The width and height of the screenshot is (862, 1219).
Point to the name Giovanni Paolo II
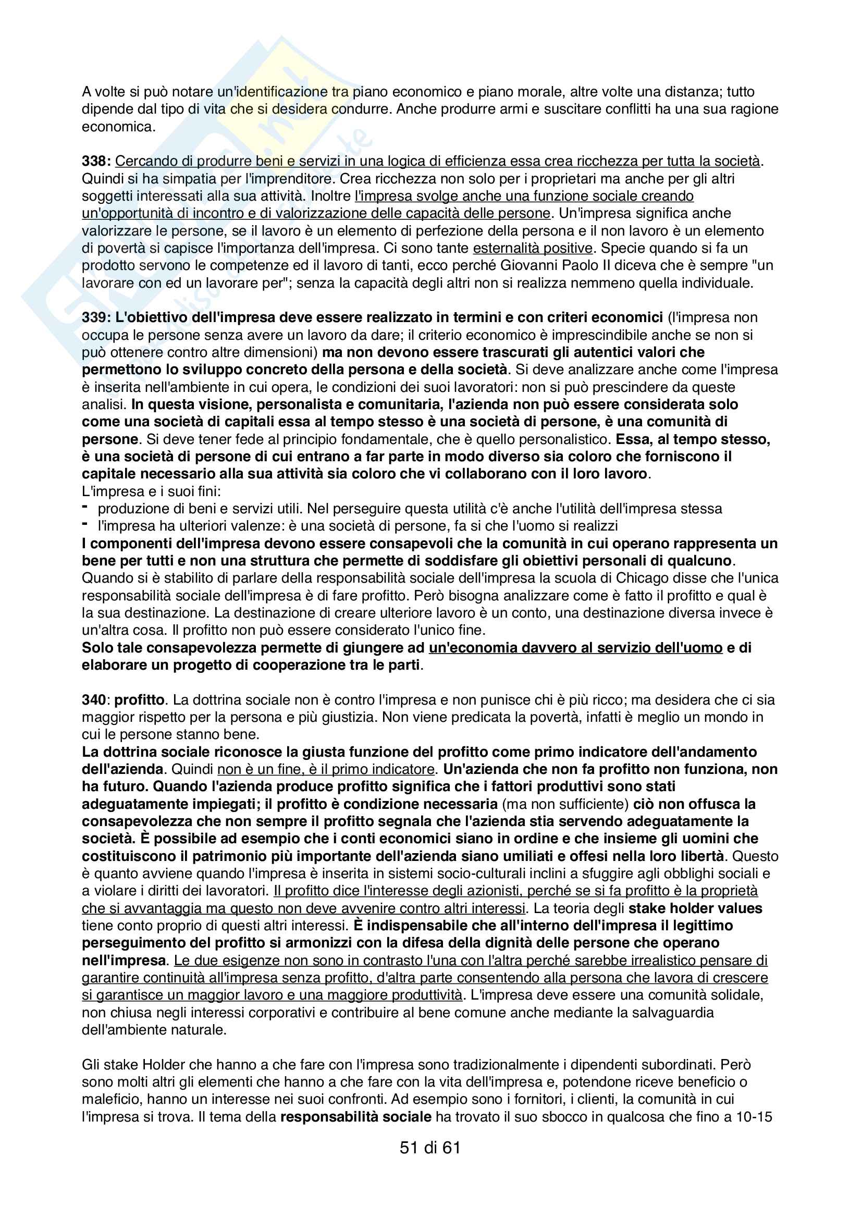558,265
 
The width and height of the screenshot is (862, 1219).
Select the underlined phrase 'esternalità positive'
533,248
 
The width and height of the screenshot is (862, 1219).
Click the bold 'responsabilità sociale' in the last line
355,1116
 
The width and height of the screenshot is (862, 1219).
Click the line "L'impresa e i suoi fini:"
151,491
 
